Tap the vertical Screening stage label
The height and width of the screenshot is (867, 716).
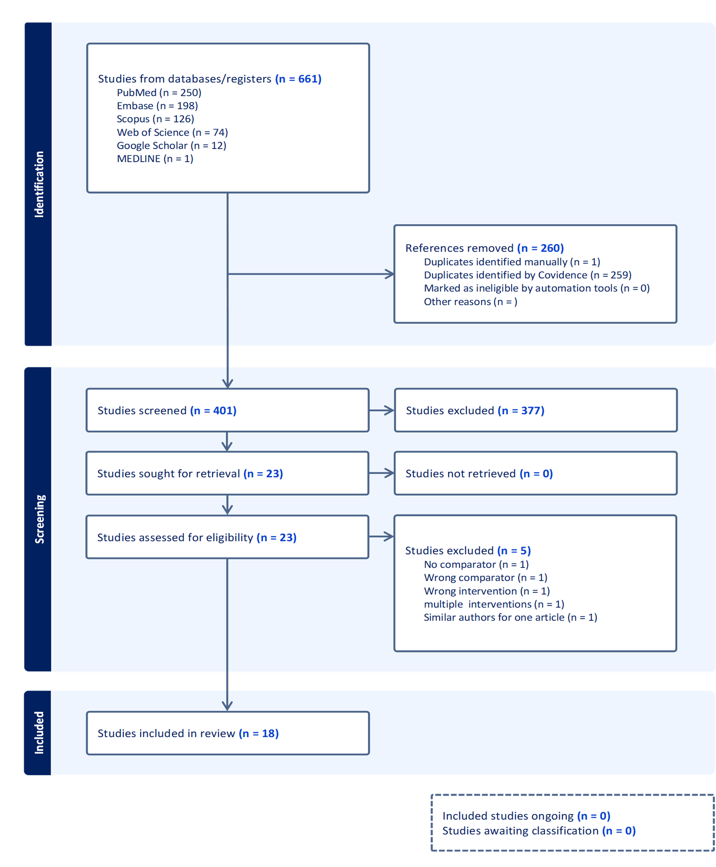tap(39, 519)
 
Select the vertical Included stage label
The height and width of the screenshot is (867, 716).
tap(39, 733)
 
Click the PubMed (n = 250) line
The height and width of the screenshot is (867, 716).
tap(159, 92)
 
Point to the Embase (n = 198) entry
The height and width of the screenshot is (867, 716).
tap(157, 105)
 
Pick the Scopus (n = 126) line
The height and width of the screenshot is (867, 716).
tap(155, 119)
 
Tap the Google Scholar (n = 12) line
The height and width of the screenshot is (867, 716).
tap(171, 145)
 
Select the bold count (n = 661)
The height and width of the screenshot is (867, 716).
tap(298, 79)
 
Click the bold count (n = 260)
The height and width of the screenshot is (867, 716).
tap(540, 248)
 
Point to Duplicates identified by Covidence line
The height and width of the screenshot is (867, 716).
tap(528, 275)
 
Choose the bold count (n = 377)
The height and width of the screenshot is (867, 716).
tap(521, 410)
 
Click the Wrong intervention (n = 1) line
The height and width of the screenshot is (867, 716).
tap(487, 591)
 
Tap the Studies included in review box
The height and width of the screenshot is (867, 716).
tap(228, 733)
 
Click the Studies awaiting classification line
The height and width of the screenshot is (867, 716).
tap(539, 830)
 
